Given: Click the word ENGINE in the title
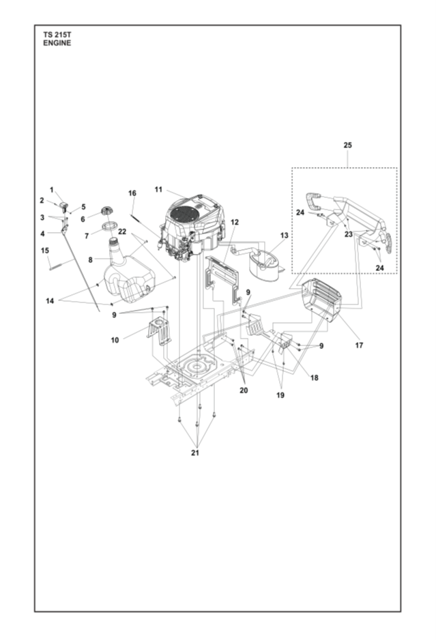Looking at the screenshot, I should [57, 43].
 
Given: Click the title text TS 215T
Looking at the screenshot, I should [55, 34].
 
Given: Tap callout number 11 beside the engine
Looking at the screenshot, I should [158, 189].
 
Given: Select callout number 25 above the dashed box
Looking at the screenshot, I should [348, 145].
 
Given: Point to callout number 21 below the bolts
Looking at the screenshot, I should [197, 452].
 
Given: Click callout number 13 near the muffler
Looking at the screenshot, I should [284, 236].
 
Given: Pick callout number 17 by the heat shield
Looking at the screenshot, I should [359, 345].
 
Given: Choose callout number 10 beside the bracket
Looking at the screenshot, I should [114, 339].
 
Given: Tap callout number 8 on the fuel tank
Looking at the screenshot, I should [90, 259].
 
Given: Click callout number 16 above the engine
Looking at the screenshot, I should [132, 193].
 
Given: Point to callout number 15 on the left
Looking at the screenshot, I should [46, 251].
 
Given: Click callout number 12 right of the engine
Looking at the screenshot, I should [235, 223].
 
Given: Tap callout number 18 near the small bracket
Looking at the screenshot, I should [313, 377].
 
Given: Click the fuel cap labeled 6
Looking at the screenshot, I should [106, 210].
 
